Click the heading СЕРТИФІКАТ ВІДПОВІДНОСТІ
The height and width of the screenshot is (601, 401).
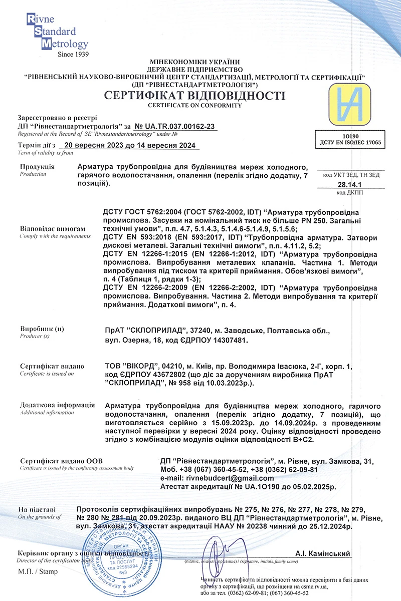pyautogui.click(x=194, y=96)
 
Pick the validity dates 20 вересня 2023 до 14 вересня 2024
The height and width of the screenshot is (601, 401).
pyautogui.click(x=129, y=146)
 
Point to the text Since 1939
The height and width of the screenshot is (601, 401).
pyautogui.click(x=73, y=54)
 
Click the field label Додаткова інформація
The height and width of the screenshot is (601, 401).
pyautogui.click(x=57, y=405)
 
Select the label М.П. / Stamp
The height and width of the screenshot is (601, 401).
pyautogui.click(x=38, y=571)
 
